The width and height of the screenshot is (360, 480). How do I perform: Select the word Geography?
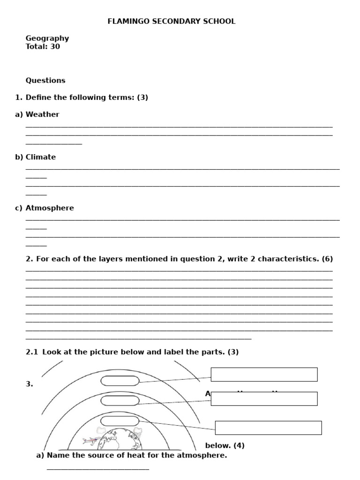pos(47,38)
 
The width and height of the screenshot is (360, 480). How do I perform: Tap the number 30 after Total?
pos(55,47)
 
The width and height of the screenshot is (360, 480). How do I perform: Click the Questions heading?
pos(45,81)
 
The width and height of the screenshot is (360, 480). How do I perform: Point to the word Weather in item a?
pos(43,115)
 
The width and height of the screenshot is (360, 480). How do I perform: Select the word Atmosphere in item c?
pos(50,208)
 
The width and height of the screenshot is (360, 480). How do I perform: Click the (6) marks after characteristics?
pos(327,259)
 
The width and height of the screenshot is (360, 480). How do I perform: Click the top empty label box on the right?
pos(264,375)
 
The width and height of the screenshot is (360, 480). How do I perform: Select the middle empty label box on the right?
pos(264,399)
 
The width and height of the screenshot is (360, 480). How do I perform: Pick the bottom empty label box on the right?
pos(268,428)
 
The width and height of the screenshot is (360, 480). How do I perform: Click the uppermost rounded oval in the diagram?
pos(120,381)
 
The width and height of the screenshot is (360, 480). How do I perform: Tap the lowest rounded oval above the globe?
pos(120,421)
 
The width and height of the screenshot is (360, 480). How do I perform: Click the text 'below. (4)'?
pos(225,446)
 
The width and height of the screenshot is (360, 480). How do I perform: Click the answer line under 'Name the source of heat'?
pos(98,469)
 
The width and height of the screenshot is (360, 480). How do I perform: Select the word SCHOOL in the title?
pos(219,22)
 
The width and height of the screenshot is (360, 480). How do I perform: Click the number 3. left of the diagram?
pos(30,384)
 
